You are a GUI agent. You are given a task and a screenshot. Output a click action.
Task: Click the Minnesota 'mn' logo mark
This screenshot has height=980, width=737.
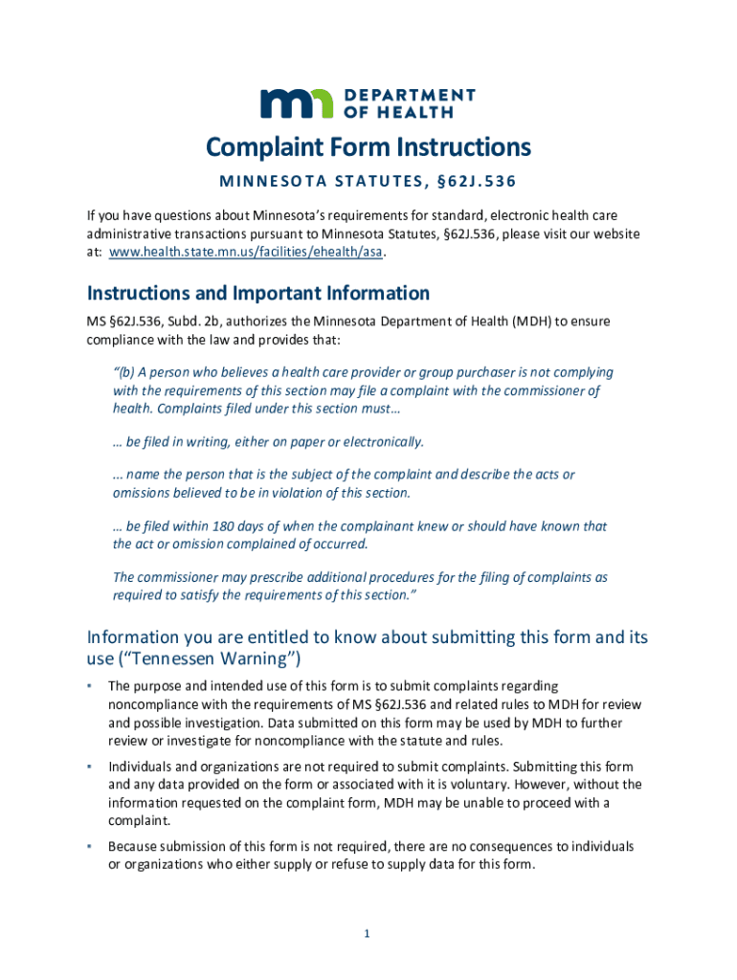[297, 102]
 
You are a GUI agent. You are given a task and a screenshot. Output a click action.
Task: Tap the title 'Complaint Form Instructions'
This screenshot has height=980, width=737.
[368, 147]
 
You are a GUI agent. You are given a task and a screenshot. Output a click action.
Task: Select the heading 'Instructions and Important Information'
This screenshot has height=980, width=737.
[258, 293]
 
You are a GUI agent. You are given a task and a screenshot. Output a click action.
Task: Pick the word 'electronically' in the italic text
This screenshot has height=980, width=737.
[381, 441]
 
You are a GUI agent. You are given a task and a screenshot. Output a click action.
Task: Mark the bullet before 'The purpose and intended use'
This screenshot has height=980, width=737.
[89, 685]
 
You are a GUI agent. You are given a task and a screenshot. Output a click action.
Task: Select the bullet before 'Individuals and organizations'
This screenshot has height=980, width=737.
[89, 766]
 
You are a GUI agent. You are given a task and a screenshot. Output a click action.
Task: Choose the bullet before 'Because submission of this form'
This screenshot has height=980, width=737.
[89, 846]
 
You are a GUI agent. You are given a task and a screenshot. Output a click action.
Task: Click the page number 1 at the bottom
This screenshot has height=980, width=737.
[367, 934]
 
